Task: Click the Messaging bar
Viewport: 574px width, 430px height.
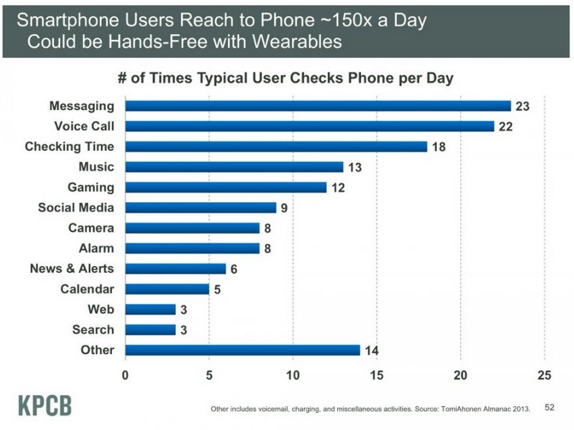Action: tap(318, 106)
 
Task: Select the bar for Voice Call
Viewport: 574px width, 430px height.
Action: tap(310, 126)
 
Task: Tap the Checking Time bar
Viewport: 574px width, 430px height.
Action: tap(276, 146)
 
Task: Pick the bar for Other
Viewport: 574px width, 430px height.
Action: tap(242, 350)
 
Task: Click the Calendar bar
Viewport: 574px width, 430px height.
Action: tap(167, 289)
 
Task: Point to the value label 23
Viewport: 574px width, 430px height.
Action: tap(522, 106)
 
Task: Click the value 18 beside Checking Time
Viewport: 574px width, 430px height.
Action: tap(439, 146)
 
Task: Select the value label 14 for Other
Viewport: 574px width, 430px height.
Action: tap(372, 351)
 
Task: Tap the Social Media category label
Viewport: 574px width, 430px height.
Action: tap(76, 207)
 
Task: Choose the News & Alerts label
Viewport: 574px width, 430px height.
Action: tap(72, 268)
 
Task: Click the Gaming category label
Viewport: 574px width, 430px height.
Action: tap(91, 187)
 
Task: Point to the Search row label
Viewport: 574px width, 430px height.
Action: tap(93, 329)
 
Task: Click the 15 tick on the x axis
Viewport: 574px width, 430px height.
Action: tap(377, 376)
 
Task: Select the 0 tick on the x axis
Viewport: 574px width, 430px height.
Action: tap(125, 376)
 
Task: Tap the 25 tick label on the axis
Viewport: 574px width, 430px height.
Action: tap(544, 376)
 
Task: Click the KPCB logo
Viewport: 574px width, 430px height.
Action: tap(44, 405)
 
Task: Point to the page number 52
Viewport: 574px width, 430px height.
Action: tap(549, 407)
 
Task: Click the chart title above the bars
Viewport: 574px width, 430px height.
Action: tap(286, 79)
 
